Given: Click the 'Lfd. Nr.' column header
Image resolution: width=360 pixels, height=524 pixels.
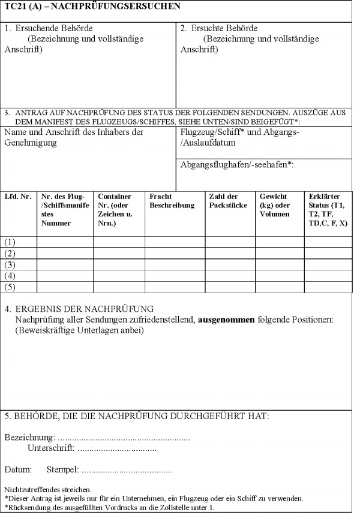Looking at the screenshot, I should tap(17, 197).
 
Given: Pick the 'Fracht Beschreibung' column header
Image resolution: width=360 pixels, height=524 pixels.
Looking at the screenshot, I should tap(172, 201).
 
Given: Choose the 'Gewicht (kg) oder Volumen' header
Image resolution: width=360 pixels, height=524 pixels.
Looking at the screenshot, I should tap(274, 205).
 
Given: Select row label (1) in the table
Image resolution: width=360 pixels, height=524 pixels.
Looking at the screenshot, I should tap(10, 242).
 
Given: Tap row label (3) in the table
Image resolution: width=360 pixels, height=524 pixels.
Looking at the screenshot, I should tap(10, 264).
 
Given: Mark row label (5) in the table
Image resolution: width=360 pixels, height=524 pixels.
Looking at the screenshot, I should tap(10, 287).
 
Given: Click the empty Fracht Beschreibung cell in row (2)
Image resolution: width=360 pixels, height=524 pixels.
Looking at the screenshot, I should tap(174, 253).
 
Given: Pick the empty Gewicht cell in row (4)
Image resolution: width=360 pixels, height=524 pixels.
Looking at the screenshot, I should tap(280, 276).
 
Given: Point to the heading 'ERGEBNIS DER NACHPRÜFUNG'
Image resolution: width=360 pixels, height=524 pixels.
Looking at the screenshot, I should tap(85, 309).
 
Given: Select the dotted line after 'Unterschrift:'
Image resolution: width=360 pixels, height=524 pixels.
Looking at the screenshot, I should tap(117, 448).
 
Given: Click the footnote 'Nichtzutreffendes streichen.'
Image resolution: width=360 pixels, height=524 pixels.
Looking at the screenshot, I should tap(47, 489).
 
